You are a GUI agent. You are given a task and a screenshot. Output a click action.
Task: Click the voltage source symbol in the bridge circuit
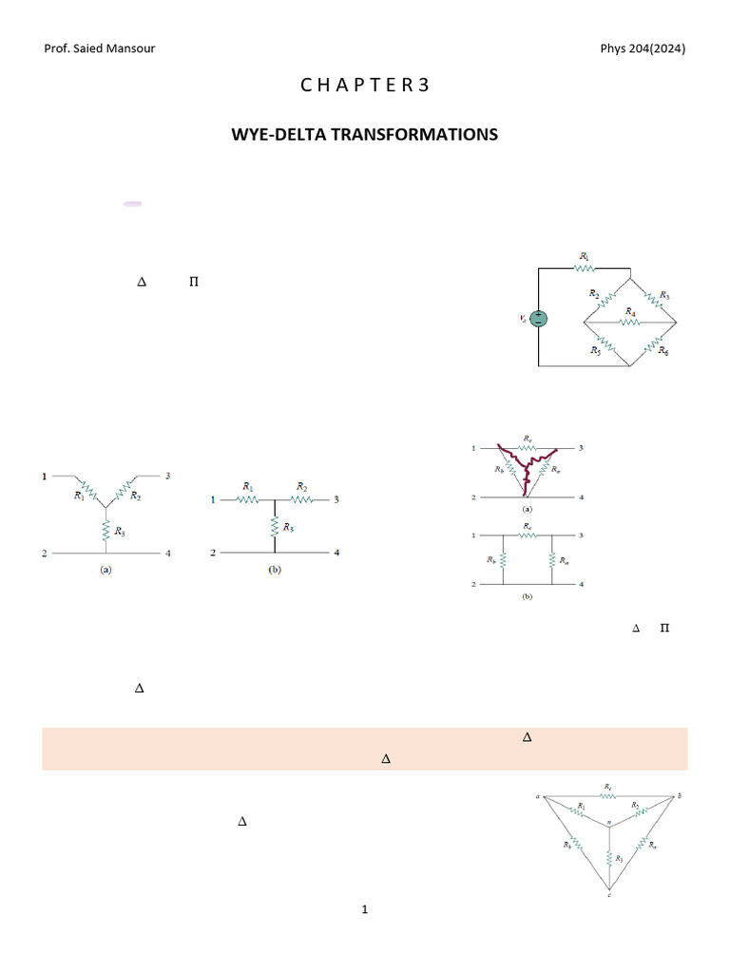pos(538,319)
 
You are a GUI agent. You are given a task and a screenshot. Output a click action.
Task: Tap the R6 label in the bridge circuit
pos(663,351)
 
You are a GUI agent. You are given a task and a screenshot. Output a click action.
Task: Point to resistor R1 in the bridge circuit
pos(585,268)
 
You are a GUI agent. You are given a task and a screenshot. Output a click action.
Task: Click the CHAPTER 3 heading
pos(365,85)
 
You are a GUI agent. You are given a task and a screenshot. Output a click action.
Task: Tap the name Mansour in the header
pos(128,49)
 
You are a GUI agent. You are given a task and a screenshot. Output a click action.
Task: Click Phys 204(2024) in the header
pos(643,49)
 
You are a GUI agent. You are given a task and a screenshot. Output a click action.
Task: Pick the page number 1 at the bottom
pos(365,910)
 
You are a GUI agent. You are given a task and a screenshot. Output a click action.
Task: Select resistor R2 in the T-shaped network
pos(300,498)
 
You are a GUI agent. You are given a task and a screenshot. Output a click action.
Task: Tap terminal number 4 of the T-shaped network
pos(336,553)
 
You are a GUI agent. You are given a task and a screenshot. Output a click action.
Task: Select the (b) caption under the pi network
pos(527,598)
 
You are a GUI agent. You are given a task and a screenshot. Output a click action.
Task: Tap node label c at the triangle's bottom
pos(609,896)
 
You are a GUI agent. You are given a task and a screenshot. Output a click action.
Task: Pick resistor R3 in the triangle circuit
pos(609,857)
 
